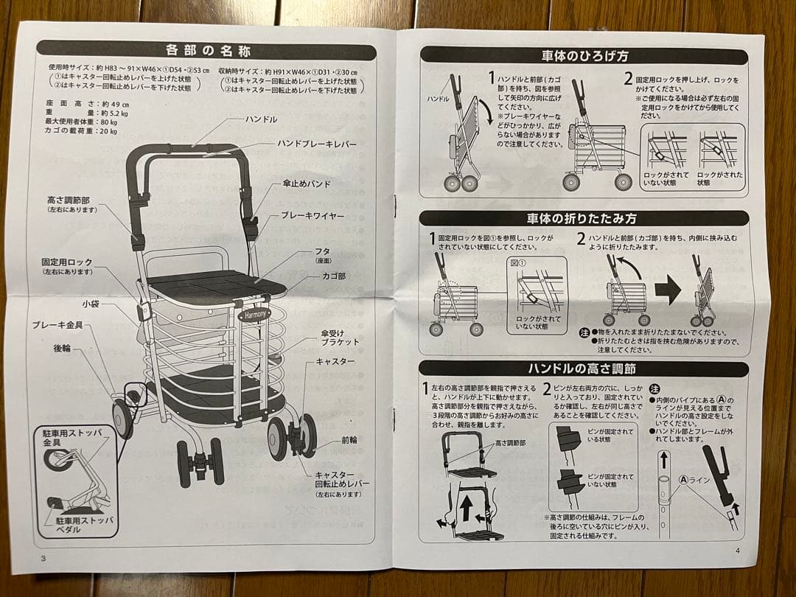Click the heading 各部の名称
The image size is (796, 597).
pyautogui.click(x=207, y=51)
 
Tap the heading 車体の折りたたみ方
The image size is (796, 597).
pyautogui.click(x=582, y=219)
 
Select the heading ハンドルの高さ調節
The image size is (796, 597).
pyautogui.click(x=582, y=369)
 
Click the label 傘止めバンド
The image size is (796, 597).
pyautogui.click(x=307, y=184)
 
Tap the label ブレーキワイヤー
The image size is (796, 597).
pyautogui.click(x=313, y=216)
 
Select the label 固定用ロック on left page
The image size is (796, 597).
pyautogui.click(x=67, y=262)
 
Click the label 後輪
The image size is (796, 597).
pyautogui.click(x=62, y=348)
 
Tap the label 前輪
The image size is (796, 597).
pyautogui.click(x=349, y=440)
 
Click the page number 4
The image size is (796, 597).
pyautogui.click(x=736, y=551)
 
